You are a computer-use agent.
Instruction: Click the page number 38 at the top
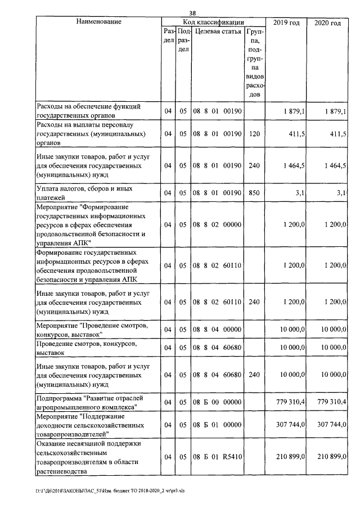tap(192, 12)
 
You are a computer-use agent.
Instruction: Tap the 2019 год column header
tap(286, 22)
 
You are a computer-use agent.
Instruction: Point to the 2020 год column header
tap(328, 22)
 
